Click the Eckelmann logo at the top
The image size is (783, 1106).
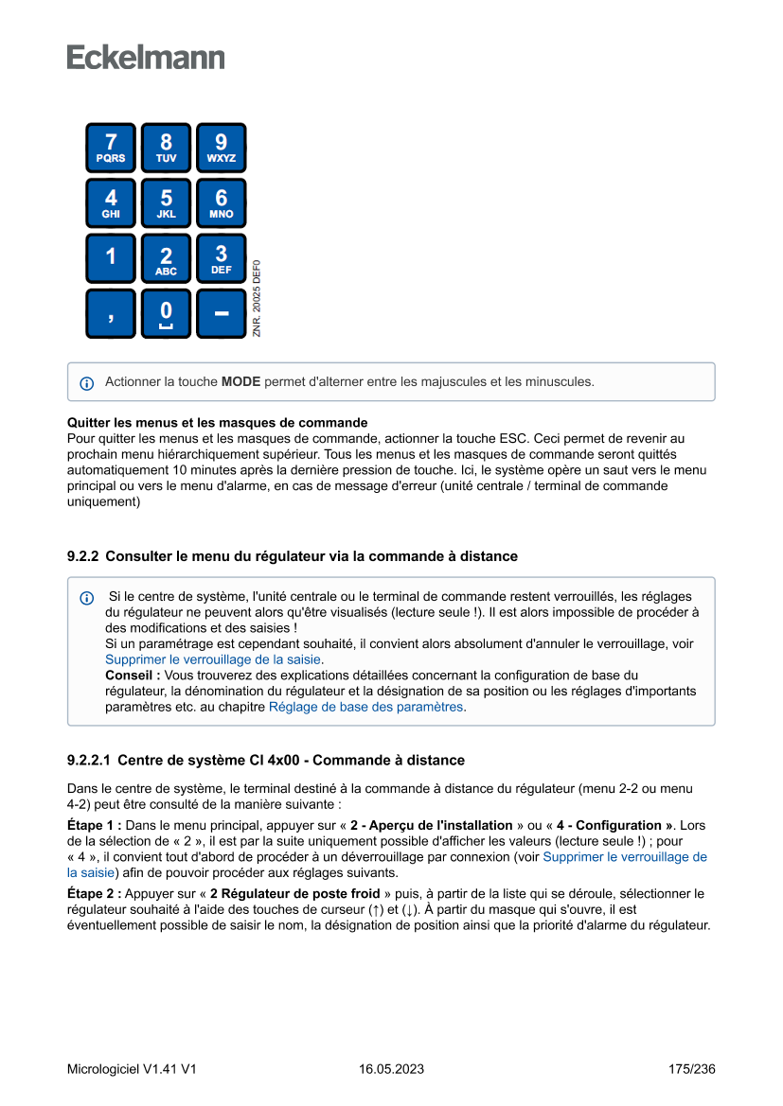coord(146,57)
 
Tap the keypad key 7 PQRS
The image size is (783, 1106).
coord(111,148)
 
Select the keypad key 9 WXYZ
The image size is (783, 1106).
coord(221,148)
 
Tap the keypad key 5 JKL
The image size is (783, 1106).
coord(166,203)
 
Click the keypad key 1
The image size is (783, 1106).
coord(111,258)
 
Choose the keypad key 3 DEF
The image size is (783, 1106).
coord(221,258)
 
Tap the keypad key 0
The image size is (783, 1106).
coord(166,313)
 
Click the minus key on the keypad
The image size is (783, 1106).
coord(221,313)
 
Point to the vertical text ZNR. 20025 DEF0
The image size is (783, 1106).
coord(257,298)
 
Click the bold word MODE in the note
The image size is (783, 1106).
coord(240,382)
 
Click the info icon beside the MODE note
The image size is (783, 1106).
coord(87,383)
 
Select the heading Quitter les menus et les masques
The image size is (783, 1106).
coord(218,422)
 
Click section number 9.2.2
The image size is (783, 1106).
coord(82,556)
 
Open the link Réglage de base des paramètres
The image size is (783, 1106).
coord(366,706)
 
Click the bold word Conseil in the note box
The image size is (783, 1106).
coord(132,676)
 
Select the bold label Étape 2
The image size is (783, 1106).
coord(94,893)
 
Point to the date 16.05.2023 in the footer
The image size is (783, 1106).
coord(391,1069)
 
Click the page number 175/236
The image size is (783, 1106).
coord(691,1069)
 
